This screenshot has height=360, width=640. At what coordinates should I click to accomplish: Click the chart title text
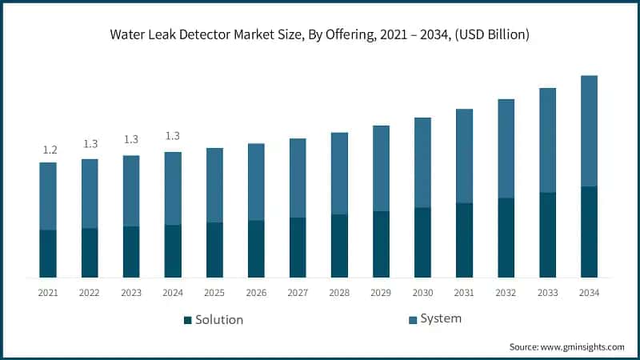coord(320,34)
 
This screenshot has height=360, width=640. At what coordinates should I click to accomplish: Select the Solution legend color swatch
coord(188,320)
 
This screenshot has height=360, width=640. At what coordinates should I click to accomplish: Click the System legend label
coord(441,318)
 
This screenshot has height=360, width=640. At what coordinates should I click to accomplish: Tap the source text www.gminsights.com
coord(566,346)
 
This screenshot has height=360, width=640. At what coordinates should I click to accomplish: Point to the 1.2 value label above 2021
coord(49,150)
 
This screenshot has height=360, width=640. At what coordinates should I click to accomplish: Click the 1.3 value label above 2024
coord(173,136)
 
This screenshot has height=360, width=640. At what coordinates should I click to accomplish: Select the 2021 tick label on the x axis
coord(48,293)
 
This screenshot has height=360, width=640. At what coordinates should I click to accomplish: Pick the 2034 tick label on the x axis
coord(589,293)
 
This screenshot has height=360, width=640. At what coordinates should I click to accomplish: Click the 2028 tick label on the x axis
coord(339,293)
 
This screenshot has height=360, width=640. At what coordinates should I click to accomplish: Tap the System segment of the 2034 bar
coord(589,130)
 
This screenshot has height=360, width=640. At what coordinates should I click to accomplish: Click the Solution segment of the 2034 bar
coord(589,232)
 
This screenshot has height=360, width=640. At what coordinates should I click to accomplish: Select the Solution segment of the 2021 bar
coord(48,254)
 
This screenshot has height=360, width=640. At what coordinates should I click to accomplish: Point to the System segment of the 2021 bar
coord(48,196)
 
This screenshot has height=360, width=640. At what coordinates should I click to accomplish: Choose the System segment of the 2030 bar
coord(422,162)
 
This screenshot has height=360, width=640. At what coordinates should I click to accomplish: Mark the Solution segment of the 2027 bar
coord(298,247)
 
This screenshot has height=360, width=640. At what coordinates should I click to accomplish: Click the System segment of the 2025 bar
coord(214,185)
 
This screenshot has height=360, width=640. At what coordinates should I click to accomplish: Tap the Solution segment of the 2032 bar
coord(506,238)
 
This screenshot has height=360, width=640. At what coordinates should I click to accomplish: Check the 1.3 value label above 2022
coord(90,144)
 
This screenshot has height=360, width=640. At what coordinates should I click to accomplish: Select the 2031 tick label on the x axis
coord(464,293)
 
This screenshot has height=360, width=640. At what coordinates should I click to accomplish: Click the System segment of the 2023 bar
coord(131,190)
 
